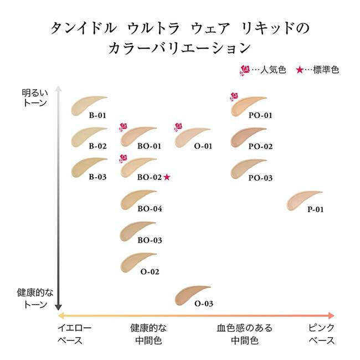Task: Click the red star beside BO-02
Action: (x=167, y=177)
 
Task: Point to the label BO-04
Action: (x=149, y=209)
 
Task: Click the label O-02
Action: (x=150, y=272)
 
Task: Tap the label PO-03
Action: (x=260, y=178)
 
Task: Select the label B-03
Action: (x=97, y=178)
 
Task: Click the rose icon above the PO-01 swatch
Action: (x=234, y=96)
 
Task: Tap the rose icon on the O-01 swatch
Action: (x=178, y=127)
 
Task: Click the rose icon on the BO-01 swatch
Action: (x=122, y=127)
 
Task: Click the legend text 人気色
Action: (x=273, y=70)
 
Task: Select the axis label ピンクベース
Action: (x=321, y=333)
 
